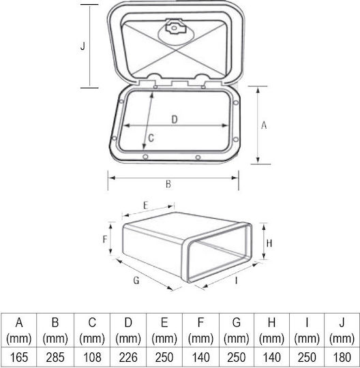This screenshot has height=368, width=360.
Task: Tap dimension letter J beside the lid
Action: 82,46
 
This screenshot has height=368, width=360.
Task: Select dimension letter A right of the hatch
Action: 264,125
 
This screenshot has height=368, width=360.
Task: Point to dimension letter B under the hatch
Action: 168,184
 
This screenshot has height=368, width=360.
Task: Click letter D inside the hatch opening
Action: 175,119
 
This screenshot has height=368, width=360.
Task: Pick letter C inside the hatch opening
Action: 151,138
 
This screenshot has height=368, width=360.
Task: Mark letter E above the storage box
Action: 146,206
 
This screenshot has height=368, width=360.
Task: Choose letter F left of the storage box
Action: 105,239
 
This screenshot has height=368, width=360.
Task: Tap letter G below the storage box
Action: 136,280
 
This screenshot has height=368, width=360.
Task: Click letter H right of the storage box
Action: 269,243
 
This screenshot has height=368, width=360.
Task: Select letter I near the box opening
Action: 236,280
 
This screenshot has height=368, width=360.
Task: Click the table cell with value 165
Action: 19,358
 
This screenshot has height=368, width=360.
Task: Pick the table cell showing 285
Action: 55,358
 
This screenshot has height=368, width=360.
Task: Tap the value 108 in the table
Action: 92,358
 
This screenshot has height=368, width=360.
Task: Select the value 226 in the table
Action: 128,358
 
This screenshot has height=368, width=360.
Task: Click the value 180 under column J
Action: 342,358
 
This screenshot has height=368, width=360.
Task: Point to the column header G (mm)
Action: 236,331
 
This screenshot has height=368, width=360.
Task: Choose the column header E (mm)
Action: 164,331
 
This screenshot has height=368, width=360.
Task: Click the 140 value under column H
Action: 271,358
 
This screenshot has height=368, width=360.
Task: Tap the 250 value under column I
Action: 307,358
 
